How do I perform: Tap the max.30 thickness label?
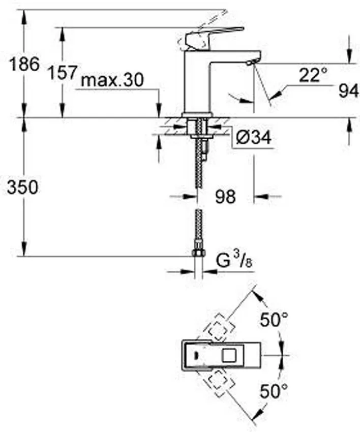pos(113,80)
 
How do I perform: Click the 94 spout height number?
pos(349,91)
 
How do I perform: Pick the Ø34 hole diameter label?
pos(253,138)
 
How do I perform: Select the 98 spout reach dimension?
pos(224,197)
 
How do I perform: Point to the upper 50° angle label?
pos(275,320)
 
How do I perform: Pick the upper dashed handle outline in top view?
pos(218,325)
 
